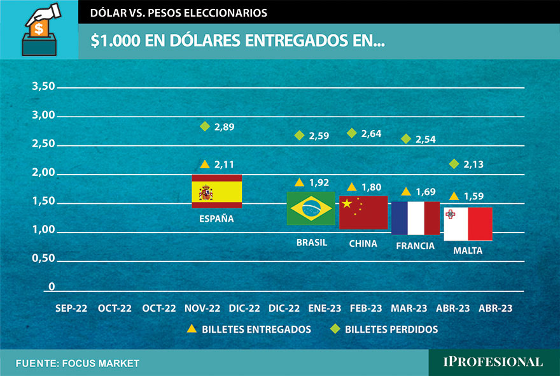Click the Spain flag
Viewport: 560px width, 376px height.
click(217, 191)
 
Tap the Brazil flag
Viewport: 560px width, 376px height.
click(311, 208)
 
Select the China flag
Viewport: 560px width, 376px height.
click(363, 212)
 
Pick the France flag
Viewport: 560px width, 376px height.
click(416, 218)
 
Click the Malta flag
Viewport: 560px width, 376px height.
click(468, 224)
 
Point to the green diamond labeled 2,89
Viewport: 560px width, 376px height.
click(205, 126)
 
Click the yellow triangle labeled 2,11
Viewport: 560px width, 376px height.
click(205, 164)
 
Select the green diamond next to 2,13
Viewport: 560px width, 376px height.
click(454, 164)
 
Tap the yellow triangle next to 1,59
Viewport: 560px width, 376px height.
click(454, 196)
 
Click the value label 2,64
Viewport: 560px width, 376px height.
click(371, 133)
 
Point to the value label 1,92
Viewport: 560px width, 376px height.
click(319, 183)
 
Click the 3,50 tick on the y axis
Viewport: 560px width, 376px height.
click(43, 87)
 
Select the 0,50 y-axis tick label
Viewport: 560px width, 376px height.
click(43, 258)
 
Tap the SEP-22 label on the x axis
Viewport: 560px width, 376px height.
click(72, 308)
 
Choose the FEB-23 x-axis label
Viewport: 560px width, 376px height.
click(366, 308)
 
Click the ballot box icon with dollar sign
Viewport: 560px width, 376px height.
click(39, 31)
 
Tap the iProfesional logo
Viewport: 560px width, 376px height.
click(493, 362)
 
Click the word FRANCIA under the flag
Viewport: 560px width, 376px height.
click(415, 245)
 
